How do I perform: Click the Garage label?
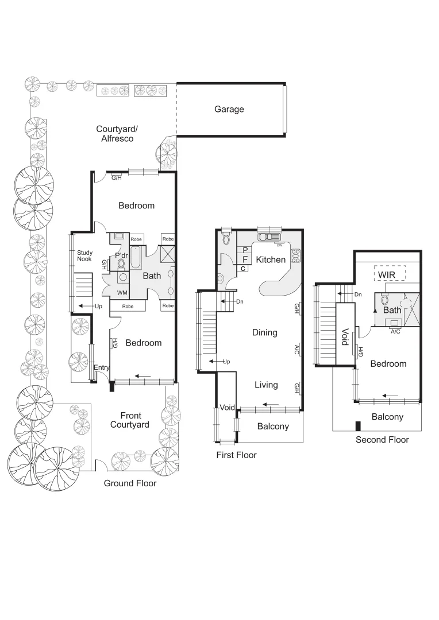click(229, 109)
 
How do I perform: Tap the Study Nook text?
click(84, 256)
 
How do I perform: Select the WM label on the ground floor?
click(122, 293)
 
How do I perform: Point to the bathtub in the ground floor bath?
click(136, 258)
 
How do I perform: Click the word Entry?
click(102, 367)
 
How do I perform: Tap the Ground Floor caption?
click(130, 483)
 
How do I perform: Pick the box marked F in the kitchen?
click(245, 259)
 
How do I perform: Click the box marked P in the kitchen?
click(245, 250)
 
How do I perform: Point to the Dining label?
click(264, 332)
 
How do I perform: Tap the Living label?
click(266, 385)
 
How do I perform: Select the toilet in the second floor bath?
click(385, 300)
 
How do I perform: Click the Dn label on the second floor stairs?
click(358, 294)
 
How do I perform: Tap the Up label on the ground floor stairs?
click(98, 307)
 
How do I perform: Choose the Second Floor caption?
click(382, 440)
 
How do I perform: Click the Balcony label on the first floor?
click(272, 427)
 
